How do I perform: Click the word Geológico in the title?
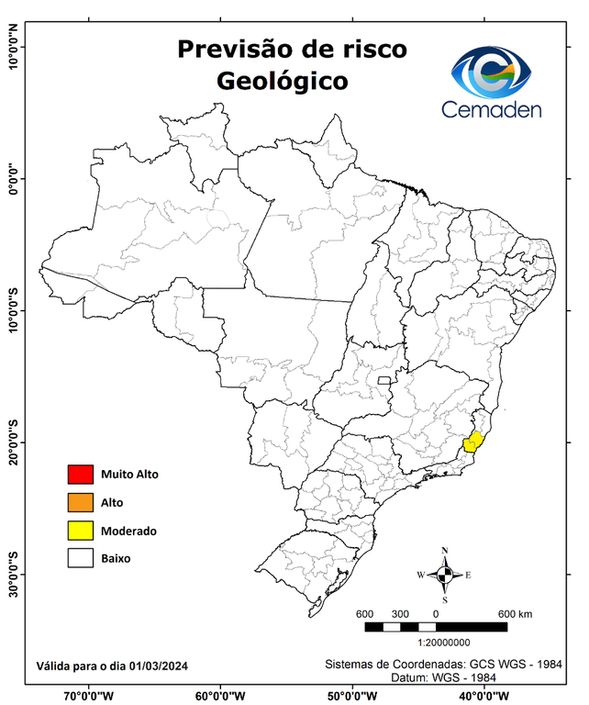tap(283, 81)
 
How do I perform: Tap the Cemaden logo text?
tap(492, 109)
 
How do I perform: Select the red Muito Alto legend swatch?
tap(80, 475)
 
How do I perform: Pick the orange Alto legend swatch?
tap(80, 502)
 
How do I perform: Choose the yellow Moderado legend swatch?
tap(80, 531)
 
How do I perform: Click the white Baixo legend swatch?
tap(80, 558)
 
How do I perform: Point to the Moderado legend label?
tap(128, 531)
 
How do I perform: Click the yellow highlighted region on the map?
tap(474, 442)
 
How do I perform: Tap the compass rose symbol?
tap(444, 575)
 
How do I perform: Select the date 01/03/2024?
tap(159, 665)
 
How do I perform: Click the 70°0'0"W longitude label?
tap(88, 696)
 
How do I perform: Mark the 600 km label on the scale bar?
tap(514, 614)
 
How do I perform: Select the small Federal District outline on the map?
tap(384, 378)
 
